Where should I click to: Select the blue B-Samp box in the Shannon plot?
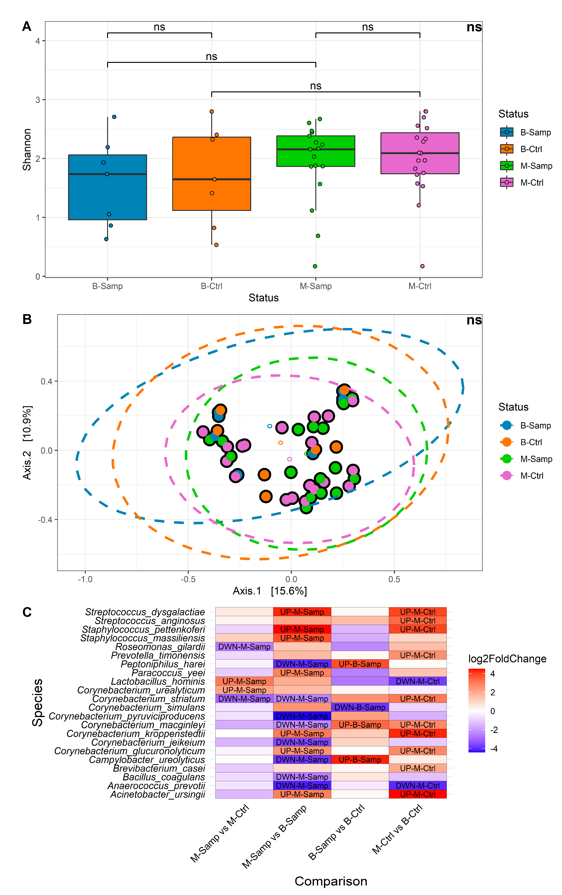pos(107,187)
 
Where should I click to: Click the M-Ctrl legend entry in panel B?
pos(532,476)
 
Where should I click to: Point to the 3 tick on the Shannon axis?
pos(37,100)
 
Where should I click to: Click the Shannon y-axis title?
pos(27,150)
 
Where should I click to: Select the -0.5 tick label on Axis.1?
pos(188,579)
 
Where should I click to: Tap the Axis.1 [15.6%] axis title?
pos(270,591)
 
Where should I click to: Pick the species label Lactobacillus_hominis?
pos(158,681)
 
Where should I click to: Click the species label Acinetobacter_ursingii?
pos(158,794)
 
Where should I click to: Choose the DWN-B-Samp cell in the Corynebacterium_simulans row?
pos(360,708)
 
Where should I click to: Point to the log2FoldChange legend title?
pos(507,659)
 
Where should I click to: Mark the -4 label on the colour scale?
pos(494,749)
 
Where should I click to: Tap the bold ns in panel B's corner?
pos(474,320)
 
